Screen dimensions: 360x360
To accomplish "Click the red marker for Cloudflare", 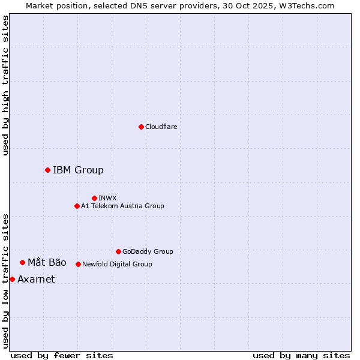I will (x=141, y=127).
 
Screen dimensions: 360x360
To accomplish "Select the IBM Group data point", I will (x=47, y=170).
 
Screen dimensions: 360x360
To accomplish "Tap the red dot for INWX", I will (x=94, y=198).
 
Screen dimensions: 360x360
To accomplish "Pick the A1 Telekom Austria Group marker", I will (x=77, y=206).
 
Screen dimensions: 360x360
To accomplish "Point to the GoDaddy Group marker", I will (x=118, y=251).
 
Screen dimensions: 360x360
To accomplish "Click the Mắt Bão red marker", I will (x=22, y=262).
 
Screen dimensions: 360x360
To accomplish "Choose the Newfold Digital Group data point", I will (x=78, y=264).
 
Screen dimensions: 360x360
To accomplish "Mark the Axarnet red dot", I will (x=12, y=279).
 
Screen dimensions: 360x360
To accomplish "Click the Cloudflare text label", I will (x=161, y=127).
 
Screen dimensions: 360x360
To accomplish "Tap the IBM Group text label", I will (x=78, y=170).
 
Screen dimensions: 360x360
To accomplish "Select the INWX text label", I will (x=108, y=198).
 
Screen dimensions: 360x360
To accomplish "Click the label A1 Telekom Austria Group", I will (x=122, y=206).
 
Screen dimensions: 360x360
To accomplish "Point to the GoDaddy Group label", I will (x=148, y=251).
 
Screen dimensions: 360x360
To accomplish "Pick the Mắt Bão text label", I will (x=47, y=262).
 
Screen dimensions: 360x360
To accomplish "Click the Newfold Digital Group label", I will (x=117, y=264).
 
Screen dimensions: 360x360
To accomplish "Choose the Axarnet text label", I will (x=36, y=279).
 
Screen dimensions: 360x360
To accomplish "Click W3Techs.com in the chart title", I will (x=310, y=5).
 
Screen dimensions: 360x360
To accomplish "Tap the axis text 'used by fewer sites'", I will (x=62, y=355).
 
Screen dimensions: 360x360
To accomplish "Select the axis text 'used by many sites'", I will (x=301, y=355).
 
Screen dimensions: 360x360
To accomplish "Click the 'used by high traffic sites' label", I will (x=5, y=85).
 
